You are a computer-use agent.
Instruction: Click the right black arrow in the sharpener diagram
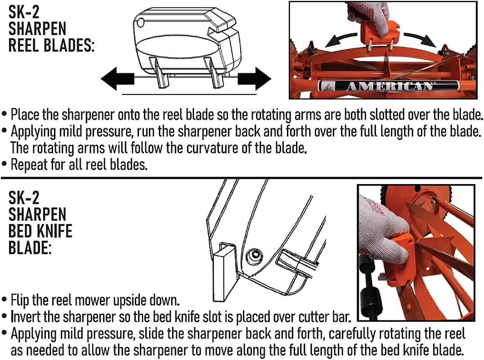tap(254, 79)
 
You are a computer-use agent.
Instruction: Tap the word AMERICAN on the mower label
tap(389, 86)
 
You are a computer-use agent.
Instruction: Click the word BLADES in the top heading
tap(67, 45)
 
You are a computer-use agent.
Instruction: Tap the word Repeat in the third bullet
tap(29, 164)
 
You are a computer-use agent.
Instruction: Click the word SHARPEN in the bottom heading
tap(37, 214)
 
